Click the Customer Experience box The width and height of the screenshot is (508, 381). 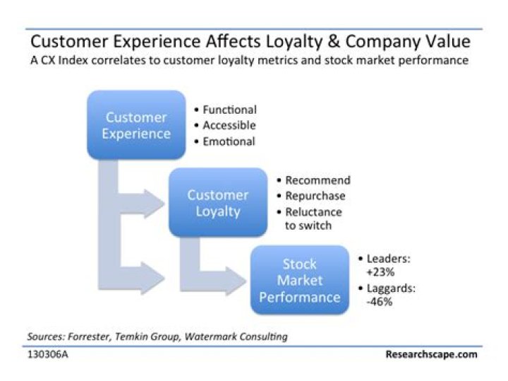[135, 125]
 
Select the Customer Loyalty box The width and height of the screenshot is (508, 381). [217, 202]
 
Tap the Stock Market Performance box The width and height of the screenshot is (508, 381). [299, 280]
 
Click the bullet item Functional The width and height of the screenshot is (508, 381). [229, 110]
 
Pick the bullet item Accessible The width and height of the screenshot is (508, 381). [229, 125]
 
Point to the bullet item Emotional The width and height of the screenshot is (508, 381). [229, 141]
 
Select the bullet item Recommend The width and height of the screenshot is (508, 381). [317, 180]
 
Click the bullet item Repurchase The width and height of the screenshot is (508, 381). [317, 196]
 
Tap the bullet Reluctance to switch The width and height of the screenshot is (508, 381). [313, 218]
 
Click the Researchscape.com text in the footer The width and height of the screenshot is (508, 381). [431, 353]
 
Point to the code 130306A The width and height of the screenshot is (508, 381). [48, 353]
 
